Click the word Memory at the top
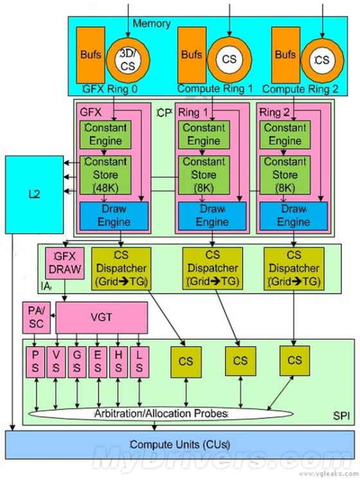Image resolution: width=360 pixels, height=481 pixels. point(151,24)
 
